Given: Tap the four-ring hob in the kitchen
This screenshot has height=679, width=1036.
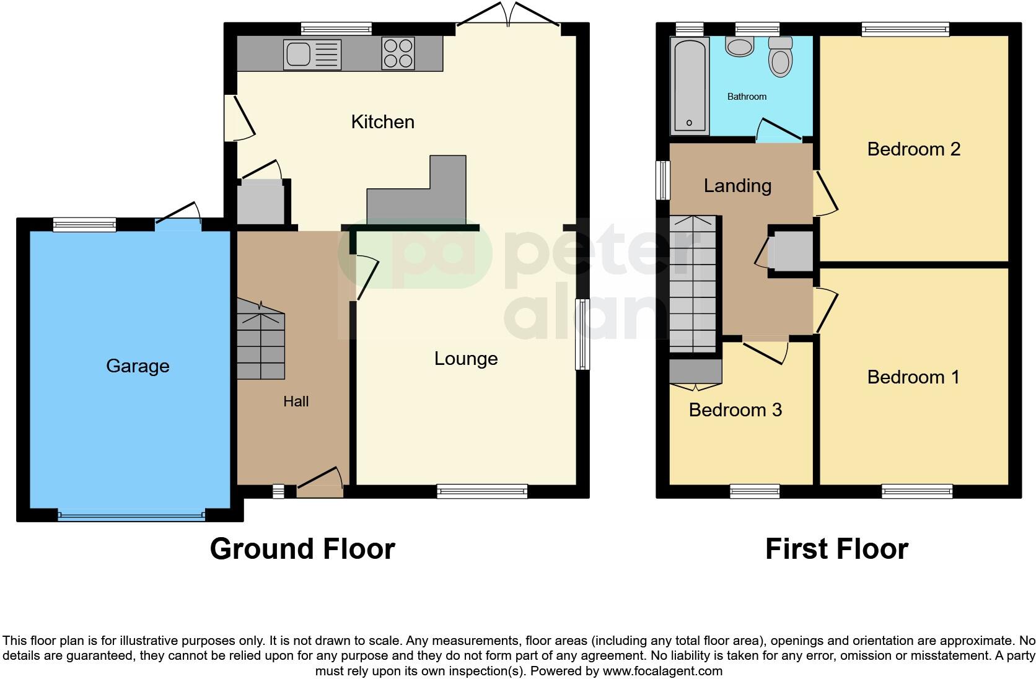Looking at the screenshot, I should [398, 53].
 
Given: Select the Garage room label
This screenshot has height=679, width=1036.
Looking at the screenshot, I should [138, 366].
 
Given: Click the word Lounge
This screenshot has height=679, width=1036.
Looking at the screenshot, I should [466, 359].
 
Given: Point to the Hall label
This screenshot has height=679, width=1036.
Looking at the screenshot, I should [296, 401].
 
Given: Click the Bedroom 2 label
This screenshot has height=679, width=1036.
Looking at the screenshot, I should [913, 149].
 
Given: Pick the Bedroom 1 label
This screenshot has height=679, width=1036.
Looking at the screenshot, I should [913, 377].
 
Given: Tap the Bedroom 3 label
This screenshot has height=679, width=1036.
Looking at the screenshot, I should [735, 410].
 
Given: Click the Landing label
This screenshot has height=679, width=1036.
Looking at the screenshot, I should [737, 186].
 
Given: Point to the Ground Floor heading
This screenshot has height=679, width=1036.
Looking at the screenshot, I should [302, 549].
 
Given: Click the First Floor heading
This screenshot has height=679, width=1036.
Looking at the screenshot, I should [836, 549].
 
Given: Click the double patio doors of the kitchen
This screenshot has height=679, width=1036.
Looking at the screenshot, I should [508, 15].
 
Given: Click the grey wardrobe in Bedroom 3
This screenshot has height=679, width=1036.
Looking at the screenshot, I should [695, 372].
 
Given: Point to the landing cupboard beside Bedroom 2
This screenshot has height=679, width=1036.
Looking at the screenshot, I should [791, 252].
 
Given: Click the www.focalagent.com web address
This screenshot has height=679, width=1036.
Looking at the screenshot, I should [662, 670].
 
